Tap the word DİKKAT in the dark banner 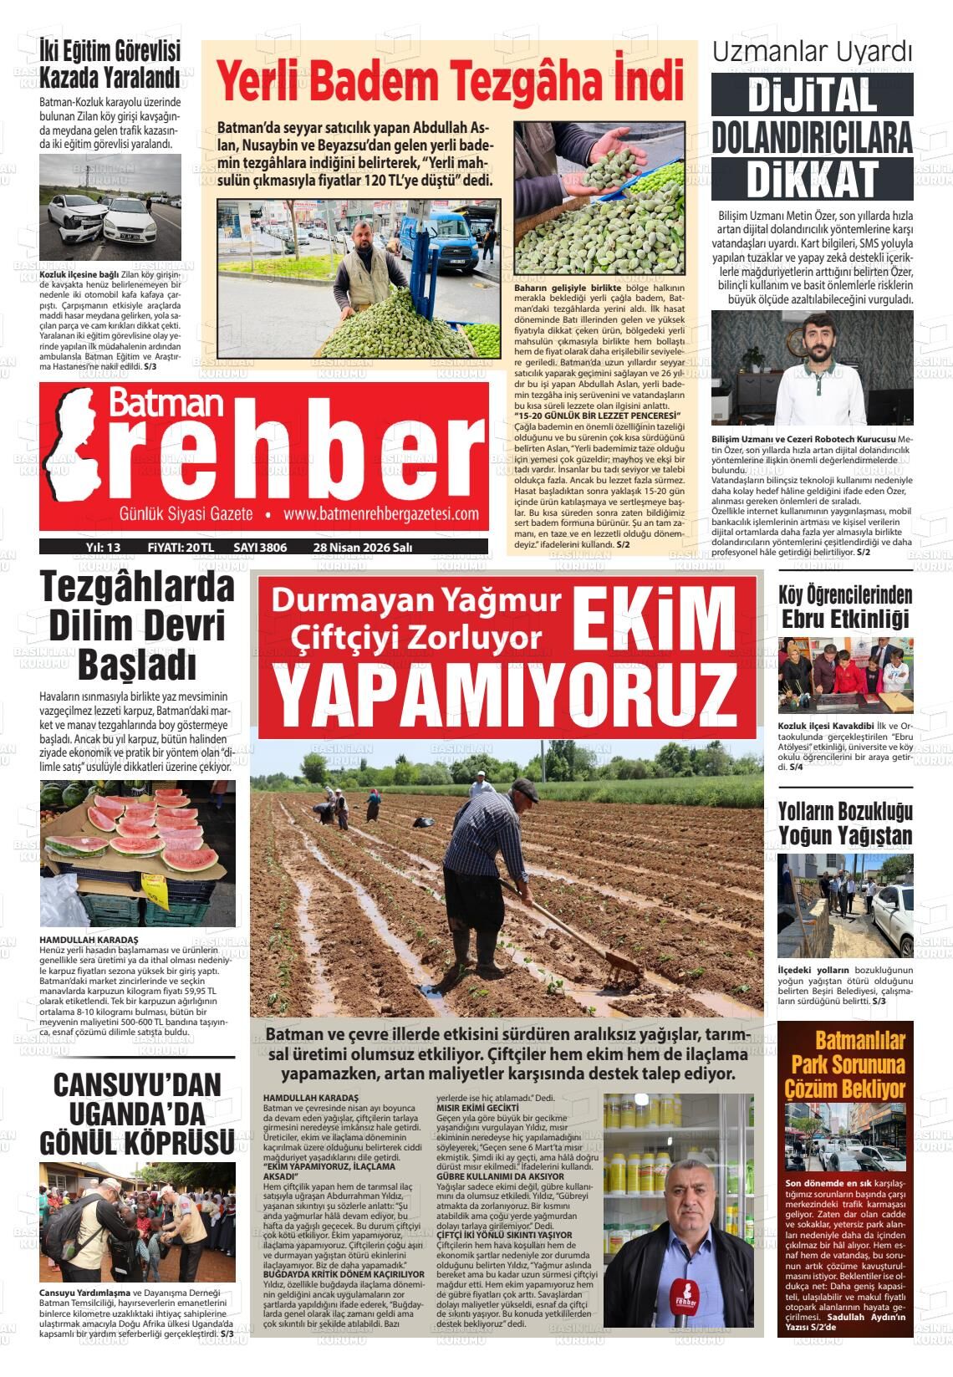pos(812,178)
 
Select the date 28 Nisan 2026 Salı pos(362,548)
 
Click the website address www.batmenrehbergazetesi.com pos(380,514)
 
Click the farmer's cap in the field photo pos(525,787)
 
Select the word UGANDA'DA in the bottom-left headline pos(137,1114)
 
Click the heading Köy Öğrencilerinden pos(844,595)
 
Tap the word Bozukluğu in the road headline pos(875,811)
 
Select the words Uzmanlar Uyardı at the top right pos(811,52)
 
